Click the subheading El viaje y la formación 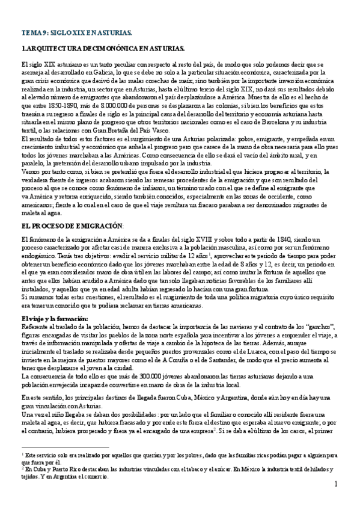(x=54, y=318)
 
